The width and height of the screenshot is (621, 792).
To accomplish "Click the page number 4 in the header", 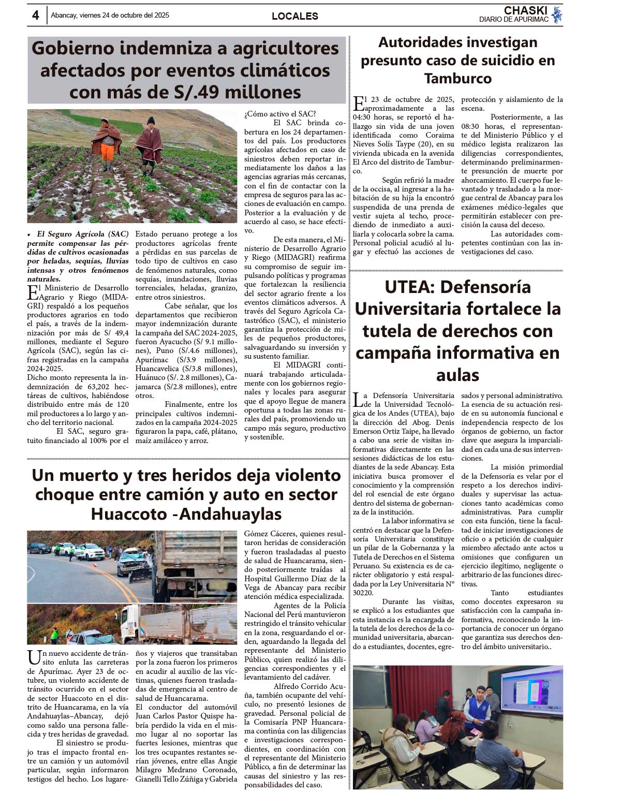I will click(35, 16).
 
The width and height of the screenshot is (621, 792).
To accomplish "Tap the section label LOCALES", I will click(294, 16).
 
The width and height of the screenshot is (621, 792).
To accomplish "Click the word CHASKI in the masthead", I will click(525, 10).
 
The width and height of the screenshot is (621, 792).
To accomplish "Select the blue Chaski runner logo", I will click(557, 15).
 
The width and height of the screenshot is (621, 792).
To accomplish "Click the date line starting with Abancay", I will click(110, 16).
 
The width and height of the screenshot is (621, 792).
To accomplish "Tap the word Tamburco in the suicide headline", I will click(457, 79).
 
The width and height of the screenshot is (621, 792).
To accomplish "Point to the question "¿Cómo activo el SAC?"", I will click(280, 114).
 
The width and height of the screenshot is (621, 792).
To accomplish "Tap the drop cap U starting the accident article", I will click(34, 658).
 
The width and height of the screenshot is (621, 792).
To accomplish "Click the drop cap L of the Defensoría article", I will click(358, 400).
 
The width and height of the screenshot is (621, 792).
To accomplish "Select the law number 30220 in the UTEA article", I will click(363, 593).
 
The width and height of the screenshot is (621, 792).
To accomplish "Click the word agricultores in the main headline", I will click(285, 48).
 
